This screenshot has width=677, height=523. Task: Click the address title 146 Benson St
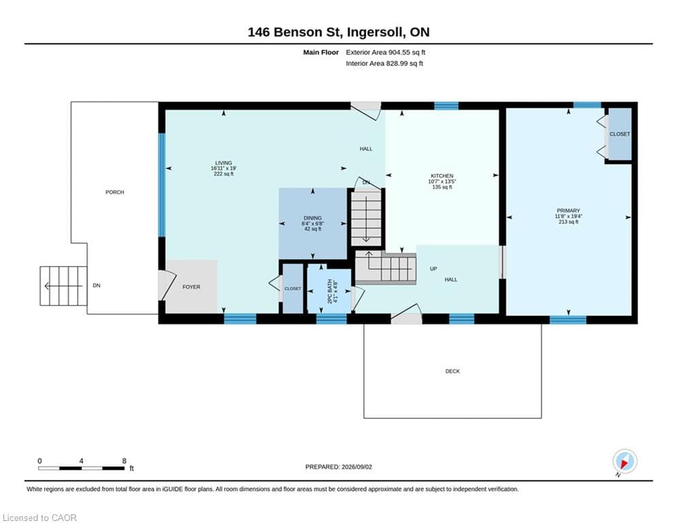pyautogui.click(x=293, y=32)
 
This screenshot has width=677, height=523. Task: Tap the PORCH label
pyautogui.click(x=115, y=192)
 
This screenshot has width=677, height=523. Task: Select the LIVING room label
pyautogui.click(x=224, y=163)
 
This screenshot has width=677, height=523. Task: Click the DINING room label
pyautogui.click(x=312, y=219)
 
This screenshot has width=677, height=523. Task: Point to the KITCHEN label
pyautogui.click(x=442, y=176)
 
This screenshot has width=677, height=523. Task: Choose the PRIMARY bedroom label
pyautogui.click(x=568, y=210)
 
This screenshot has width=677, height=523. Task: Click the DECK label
pyautogui.click(x=452, y=371)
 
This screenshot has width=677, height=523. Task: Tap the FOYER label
pyautogui.click(x=191, y=287)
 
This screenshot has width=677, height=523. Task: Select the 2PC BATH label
pyautogui.click(x=330, y=291)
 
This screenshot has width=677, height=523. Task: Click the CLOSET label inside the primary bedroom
pyautogui.click(x=620, y=134)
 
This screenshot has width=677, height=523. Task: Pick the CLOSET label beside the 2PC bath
pyautogui.click(x=293, y=288)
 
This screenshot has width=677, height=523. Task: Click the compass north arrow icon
pyautogui.click(x=625, y=462)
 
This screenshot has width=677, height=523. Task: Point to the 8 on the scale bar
pyautogui.click(x=125, y=461)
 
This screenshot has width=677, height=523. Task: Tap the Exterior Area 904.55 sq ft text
pyautogui.click(x=386, y=52)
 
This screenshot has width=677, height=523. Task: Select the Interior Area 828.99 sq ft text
pyautogui.click(x=384, y=63)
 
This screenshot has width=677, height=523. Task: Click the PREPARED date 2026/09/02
pyautogui.click(x=357, y=466)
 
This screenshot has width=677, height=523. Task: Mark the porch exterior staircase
pyautogui.click(x=63, y=286)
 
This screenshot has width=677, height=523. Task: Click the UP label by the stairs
pyautogui.click(x=433, y=269)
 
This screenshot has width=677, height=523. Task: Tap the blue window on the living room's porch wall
pyautogui.click(x=162, y=185)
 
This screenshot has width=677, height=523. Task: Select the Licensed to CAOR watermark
pyautogui.click(x=39, y=518)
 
